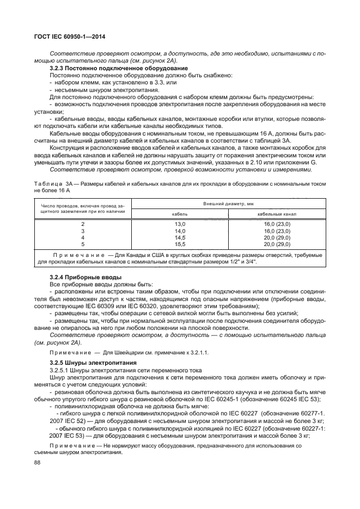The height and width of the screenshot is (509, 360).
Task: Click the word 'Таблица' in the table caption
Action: pyautogui.click(x=48, y=183)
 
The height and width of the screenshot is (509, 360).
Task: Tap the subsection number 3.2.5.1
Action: pyautogui.click(x=61, y=370)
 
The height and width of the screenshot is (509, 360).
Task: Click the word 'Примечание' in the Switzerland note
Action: pyautogui.click(x=69, y=352)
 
